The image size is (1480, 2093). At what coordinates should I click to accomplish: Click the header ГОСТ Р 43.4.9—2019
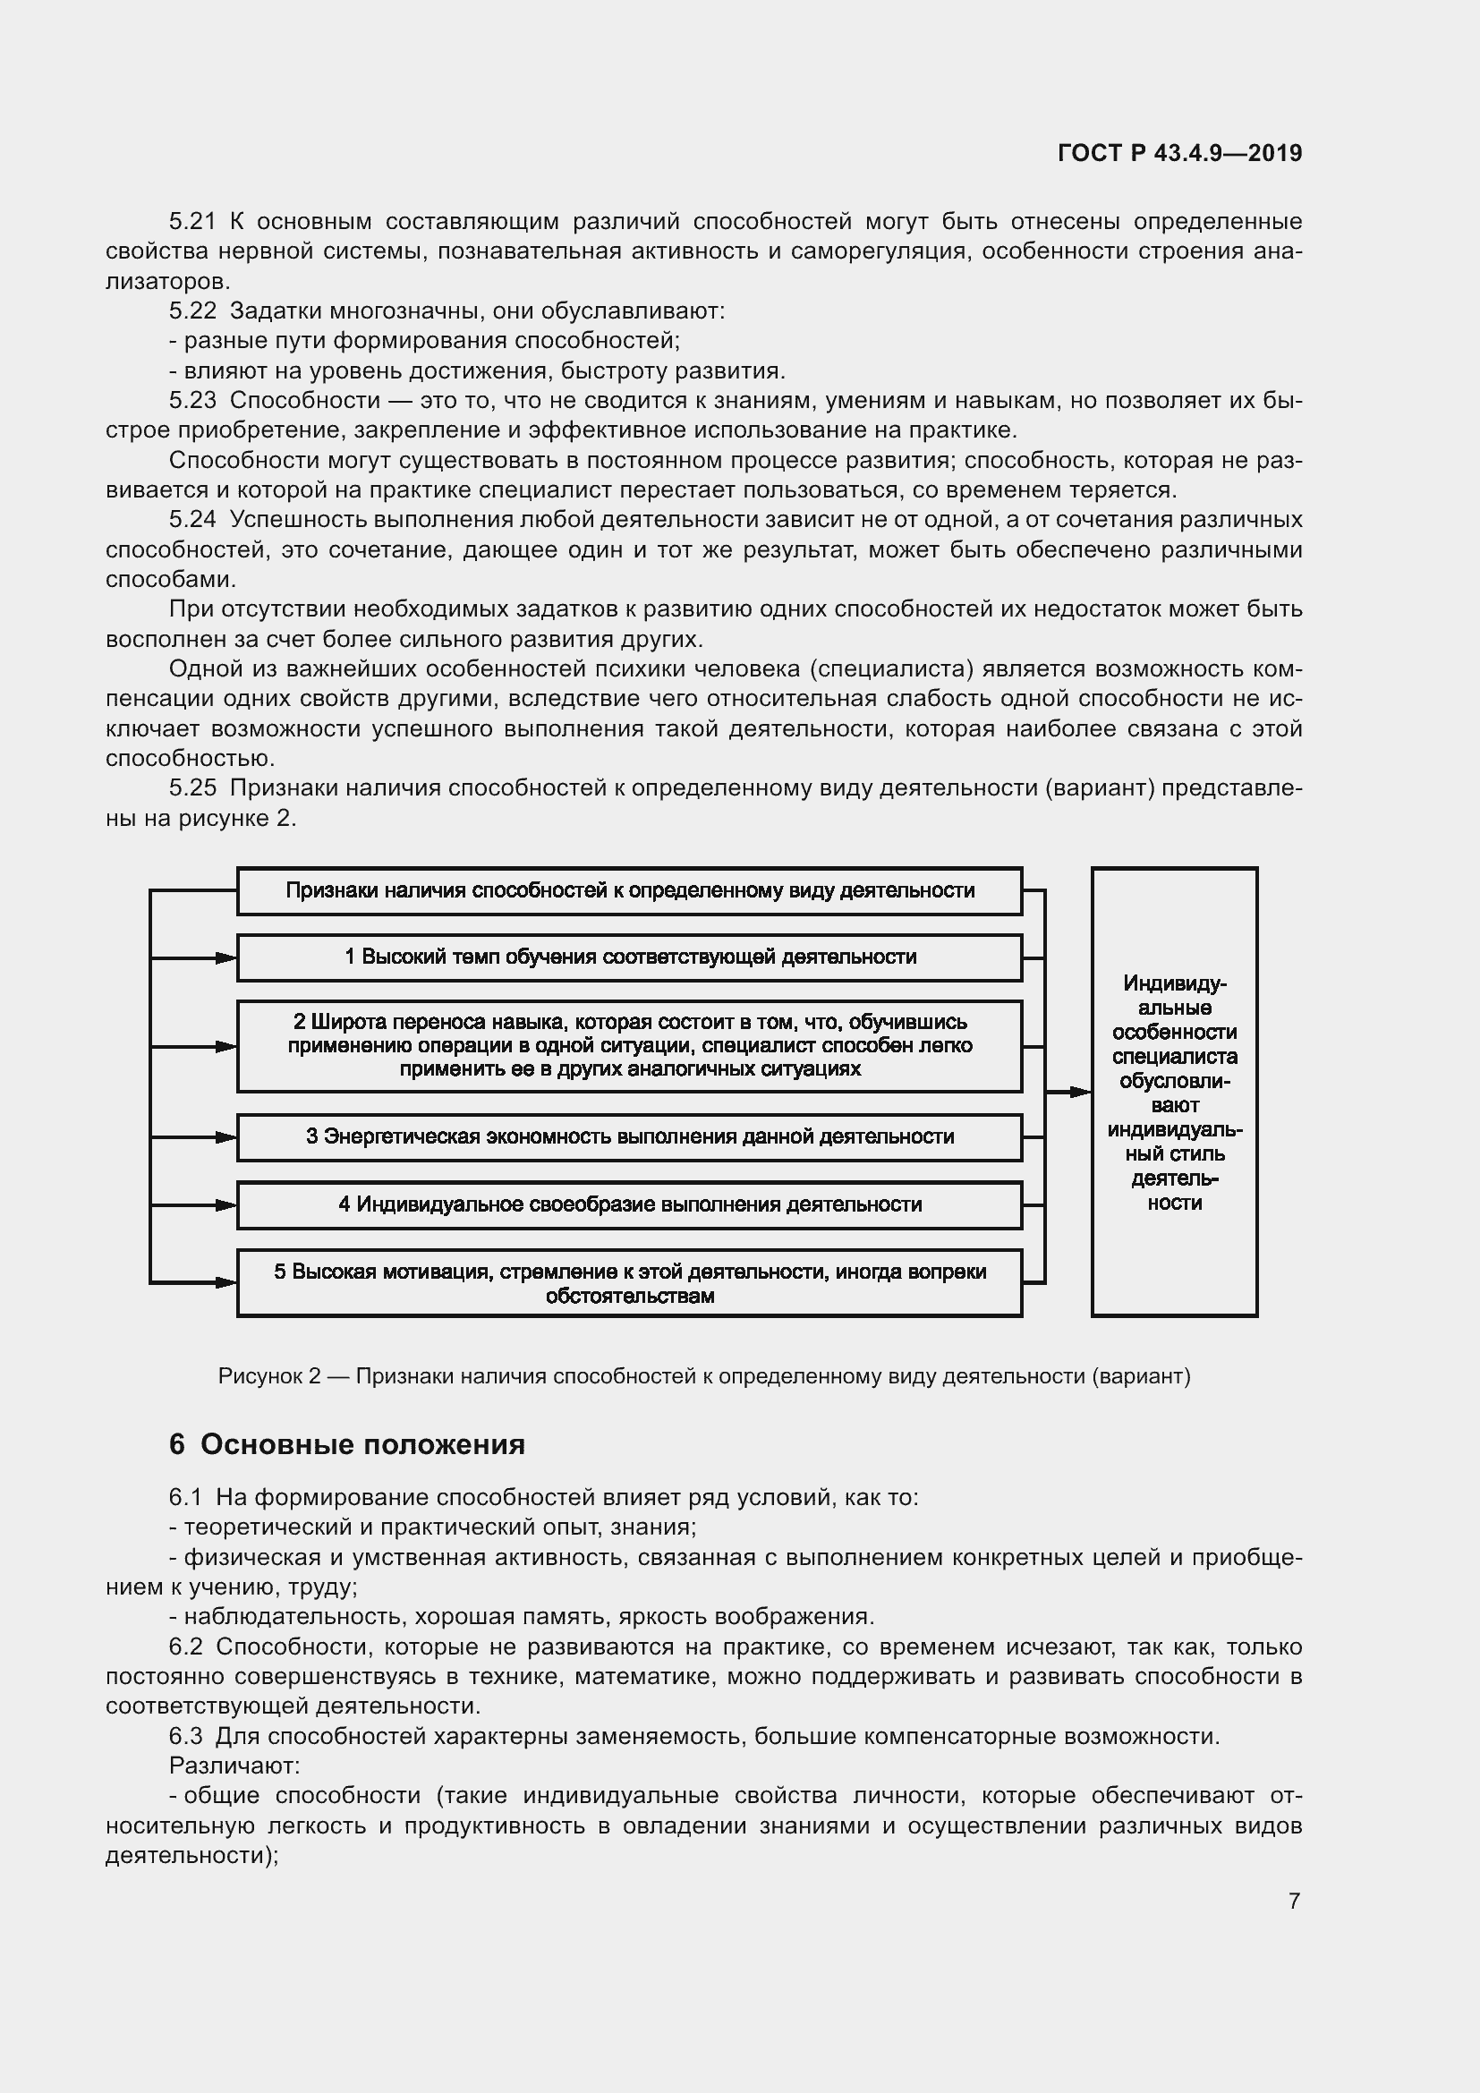point(1179,153)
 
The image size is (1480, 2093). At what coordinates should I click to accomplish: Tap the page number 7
point(1294,1901)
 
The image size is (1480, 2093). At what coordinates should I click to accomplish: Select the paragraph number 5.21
point(192,222)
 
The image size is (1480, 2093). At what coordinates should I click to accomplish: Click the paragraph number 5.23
point(192,400)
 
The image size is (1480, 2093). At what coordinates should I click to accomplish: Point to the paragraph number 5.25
point(192,787)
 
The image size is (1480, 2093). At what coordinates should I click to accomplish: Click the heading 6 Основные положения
point(346,1445)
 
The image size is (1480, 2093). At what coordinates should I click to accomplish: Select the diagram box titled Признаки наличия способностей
point(630,890)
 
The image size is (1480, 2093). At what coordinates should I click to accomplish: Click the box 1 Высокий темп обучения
point(630,957)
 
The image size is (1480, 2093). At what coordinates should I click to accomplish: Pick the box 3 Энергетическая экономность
point(630,1136)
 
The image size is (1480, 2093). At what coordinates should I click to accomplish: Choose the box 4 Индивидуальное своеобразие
point(630,1205)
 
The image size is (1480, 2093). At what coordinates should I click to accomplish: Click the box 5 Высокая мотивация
point(630,1283)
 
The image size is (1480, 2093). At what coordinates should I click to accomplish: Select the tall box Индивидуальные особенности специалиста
point(1174,1092)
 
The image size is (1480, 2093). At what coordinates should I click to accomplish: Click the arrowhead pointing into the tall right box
point(1081,1092)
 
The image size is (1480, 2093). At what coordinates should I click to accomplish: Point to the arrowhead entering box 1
point(226,958)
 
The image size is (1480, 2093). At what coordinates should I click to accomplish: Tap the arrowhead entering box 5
point(226,1282)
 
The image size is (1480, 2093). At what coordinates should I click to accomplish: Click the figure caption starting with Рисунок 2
point(703,1376)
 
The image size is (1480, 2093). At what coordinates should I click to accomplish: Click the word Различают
point(234,1765)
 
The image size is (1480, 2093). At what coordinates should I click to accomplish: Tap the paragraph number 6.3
point(185,1736)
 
